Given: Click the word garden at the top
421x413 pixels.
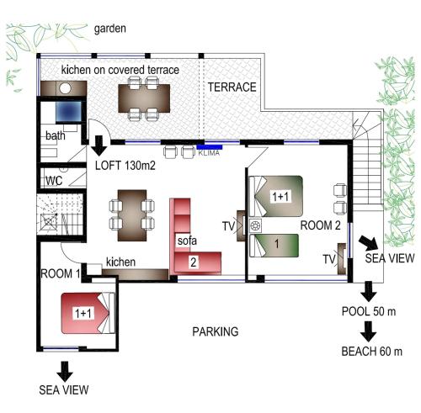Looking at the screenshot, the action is (109, 29).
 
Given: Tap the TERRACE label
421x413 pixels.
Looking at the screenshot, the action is (232, 87).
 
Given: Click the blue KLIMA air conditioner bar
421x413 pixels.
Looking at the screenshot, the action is (210, 147).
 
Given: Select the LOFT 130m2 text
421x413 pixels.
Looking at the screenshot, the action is (125, 166).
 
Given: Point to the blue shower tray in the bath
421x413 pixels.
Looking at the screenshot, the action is (68, 112).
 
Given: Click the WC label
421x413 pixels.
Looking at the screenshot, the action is (54, 181).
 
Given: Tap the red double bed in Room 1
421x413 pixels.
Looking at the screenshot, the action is (88, 313).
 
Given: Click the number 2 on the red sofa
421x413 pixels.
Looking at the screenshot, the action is (194, 262).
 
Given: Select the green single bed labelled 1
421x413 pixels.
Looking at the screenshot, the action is (274, 246).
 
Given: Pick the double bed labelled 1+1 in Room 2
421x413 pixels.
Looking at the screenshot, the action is (276, 196).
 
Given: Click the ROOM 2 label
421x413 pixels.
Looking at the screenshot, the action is (321, 225).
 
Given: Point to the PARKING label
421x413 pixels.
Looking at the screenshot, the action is (216, 331).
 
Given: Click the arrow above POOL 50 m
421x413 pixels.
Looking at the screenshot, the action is (369, 292).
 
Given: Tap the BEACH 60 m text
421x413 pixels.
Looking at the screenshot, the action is (372, 352).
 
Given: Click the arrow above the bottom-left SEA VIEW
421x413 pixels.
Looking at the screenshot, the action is (65, 372).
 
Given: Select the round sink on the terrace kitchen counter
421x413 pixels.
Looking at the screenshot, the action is (65, 88).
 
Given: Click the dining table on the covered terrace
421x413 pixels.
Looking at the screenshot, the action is (144, 98).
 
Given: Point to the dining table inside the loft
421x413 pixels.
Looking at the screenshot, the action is (132, 215).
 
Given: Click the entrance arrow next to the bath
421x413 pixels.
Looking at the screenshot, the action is (99, 146).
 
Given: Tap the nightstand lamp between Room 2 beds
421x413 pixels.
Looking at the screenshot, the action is (255, 225).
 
